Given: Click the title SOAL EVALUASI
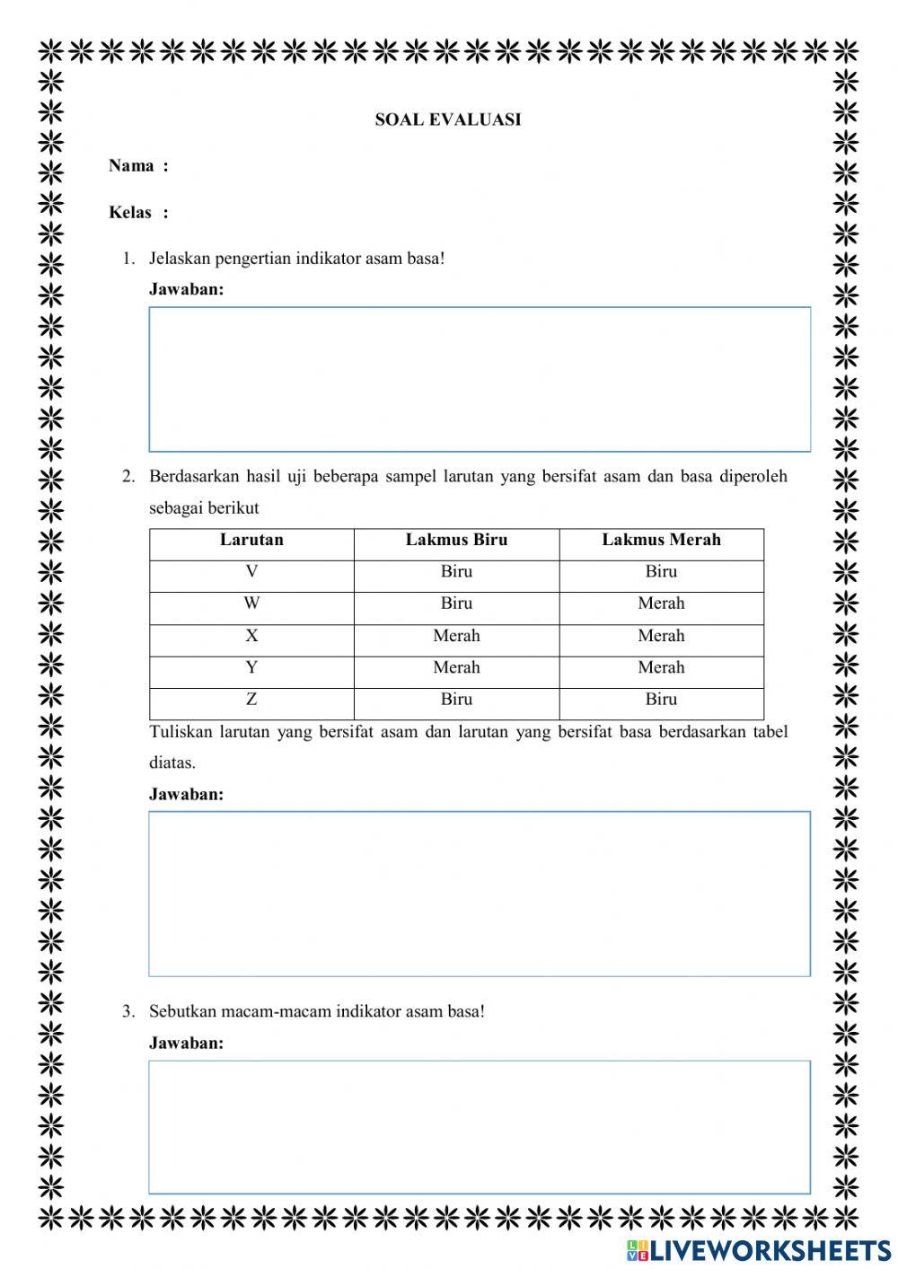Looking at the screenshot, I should [x=448, y=119].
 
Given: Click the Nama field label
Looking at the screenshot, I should [x=132, y=165].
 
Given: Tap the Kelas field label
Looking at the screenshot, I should [x=131, y=212].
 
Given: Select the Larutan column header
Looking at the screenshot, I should [x=251, y=540].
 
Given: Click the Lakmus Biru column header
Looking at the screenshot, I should [x=456, y=540].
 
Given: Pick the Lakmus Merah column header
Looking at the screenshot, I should [x=661, y=540].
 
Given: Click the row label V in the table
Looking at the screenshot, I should [x=251, y=571].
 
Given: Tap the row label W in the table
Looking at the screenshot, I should [x=251, y=604].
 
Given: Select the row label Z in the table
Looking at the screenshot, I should [x=251, y=699].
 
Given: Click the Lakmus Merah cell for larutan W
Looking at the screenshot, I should [x=661, y=604].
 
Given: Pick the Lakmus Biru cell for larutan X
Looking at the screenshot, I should [x=456, y=636].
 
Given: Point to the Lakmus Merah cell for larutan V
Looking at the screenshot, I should [x=661, y=571].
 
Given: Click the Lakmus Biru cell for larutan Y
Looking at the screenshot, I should [x=456, y=667].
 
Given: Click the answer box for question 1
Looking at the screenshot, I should [x=480, y=379].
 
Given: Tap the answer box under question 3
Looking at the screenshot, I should [x=480, y=1127].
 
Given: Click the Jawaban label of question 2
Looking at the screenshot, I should [x=186, y=794].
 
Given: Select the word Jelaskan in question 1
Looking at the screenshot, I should [x=180, y=259].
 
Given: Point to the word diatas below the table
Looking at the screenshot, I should [x=172, y=762].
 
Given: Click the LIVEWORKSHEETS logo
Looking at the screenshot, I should [x=760, y=1250].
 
